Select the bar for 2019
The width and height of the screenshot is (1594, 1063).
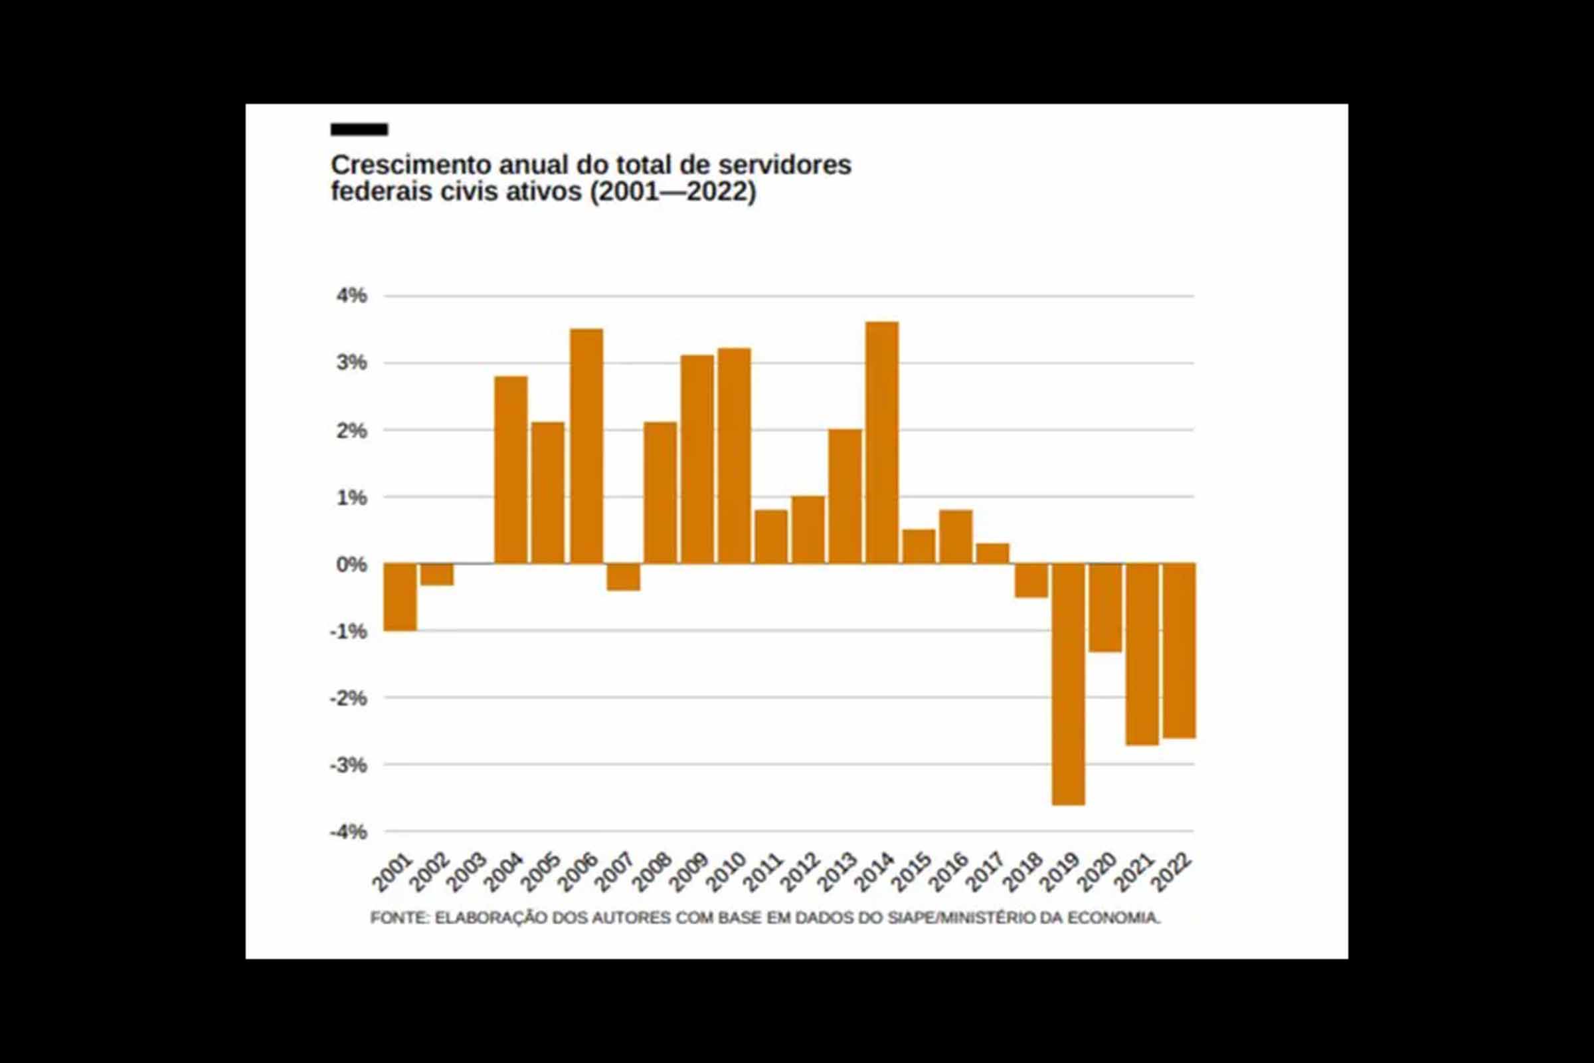pyautogui.click(x=1068, y=684)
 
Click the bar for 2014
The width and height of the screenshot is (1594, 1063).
pyautogui.click(x=883, y=442)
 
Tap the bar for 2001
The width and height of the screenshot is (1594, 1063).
pyautogui.click(x=400, y=597)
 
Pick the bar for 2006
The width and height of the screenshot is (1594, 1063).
pyautogui.click(x=586, y=446)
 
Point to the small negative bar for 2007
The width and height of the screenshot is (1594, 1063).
pyautogui.click(x=624, y=577)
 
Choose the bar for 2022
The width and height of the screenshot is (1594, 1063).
pyautogui.click(x=1180, y=650)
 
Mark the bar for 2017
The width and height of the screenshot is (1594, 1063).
pyautogui.click(x=993, y=553)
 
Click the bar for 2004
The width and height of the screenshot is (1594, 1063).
pyautogui.click(x=511, y=469)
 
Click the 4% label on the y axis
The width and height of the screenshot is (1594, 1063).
pyautogui.click(x=351, y=296)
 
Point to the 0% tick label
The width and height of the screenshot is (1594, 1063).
pyautogui.click(x=351, y=564)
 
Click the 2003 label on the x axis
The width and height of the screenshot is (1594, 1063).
pyautogui.click(x=468, y=872)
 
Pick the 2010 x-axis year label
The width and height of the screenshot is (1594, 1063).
pyautogui.click(x=727, y=872)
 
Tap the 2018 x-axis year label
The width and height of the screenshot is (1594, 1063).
pyautogui.click(x=1022, y=872)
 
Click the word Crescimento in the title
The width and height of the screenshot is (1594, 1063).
pyautogui.click(x=410, y=165)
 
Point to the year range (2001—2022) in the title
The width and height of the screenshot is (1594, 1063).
pyautogui.click(x=672, y=192)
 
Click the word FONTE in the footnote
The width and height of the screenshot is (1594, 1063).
pyautogui.click(x=399, y=918)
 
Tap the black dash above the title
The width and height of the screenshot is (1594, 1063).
pyautogui.click(x=359, y=130)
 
